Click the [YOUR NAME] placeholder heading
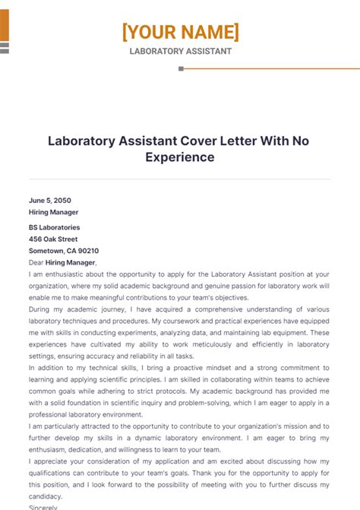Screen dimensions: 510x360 (x=180, y=32)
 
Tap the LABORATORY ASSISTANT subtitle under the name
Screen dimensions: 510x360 (x=180, y=52)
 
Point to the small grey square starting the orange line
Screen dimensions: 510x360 (x=181, y=68)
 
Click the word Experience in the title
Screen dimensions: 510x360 (x=180, y=157)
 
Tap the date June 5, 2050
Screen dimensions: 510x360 (x=49, y=201)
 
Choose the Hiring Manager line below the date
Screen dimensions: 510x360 (x=53, y=212)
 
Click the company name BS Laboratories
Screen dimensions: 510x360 (x=54, y=227)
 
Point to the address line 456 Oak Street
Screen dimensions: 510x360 (x=52, y=239)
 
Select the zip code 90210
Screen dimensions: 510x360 (x=87, y=251)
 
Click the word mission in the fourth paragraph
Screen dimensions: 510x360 (x=298, y=427)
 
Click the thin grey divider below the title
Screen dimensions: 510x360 (x=180, y=179)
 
